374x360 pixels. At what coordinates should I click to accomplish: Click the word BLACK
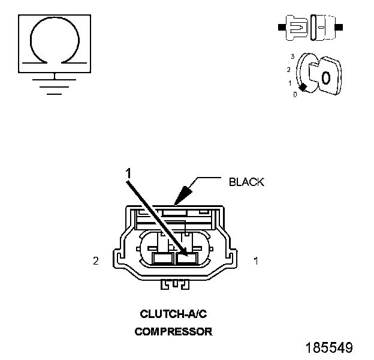click(246, 182)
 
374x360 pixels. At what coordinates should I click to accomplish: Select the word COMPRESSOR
click(173, 331)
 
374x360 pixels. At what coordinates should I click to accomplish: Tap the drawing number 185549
click(329, 348)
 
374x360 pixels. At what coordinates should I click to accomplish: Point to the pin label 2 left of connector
click(96, 261)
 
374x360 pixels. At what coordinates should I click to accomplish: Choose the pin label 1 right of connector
click(256, 261)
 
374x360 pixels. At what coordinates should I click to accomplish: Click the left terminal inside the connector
click(162, 258)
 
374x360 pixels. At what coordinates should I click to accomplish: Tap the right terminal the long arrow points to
click(187, 258)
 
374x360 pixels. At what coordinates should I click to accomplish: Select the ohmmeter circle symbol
click(55, 41)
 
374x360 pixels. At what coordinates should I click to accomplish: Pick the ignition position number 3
click(292, 56)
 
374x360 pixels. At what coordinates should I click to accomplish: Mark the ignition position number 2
click(289, 69)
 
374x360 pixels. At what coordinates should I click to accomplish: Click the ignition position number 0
click(295, 95)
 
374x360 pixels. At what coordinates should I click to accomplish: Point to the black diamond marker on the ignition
click(303, 88)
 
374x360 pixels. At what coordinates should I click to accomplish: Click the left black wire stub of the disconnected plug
click(282, 27)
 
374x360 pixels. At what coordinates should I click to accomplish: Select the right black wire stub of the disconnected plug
click(339, 27)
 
